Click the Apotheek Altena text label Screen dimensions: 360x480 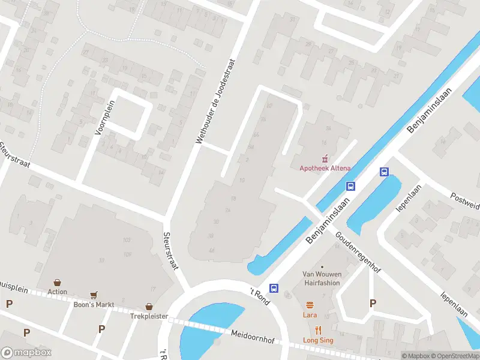coord(325,169)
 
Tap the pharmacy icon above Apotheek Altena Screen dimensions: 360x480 coord(325,158)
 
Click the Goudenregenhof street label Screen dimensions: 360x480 coord(358,253)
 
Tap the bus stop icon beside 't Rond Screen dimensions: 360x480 coord(274,288)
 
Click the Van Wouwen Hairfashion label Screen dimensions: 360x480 coord(322,278)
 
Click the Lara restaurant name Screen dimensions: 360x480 coord(310,314)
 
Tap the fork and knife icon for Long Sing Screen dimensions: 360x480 coord(318,329)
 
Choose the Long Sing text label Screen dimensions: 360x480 coord(318,340)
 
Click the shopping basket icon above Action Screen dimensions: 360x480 coord(58,282)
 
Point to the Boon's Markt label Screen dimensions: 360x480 coord(93,305)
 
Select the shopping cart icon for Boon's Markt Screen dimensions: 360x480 coord(93,295)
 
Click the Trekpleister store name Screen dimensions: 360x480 coord(149,316)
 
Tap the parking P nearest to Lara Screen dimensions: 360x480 coord(373,304)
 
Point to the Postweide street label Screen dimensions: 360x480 coord(466,201)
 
